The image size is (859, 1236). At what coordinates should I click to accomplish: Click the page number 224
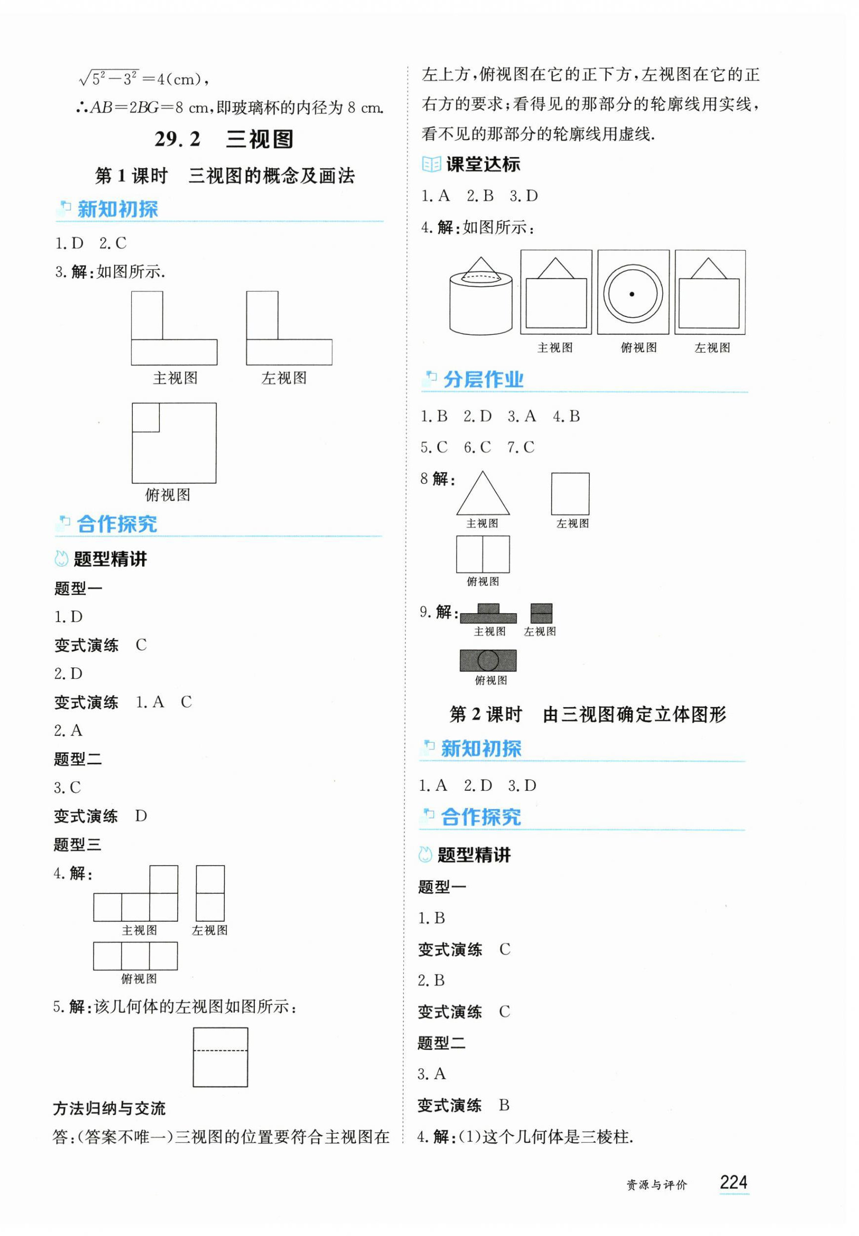point(733,1182)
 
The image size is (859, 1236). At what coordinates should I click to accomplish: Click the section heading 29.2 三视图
point(223,139)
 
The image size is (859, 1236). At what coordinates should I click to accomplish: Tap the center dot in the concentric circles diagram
point(632,294)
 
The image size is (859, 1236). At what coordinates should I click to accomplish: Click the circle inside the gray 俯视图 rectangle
point(488,660)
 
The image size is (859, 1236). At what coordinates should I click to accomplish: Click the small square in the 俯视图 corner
point(146,418)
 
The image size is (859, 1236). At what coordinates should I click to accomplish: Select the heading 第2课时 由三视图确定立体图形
point(587,715)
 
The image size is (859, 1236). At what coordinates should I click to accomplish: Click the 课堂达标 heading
point(482,164)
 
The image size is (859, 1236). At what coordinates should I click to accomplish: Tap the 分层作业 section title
point(483,379)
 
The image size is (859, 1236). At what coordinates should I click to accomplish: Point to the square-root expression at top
point(143,79)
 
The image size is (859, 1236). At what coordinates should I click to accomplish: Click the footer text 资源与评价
point(657,1185)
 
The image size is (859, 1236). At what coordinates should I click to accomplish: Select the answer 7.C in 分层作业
point(521,447)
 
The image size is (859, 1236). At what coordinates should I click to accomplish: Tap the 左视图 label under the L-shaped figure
point(284,378)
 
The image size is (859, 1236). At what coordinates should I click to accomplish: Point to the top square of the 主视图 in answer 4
point(164,879)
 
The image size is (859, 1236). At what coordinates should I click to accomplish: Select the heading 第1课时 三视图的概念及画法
point(224,176)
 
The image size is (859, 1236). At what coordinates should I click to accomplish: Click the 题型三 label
point(78,844)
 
